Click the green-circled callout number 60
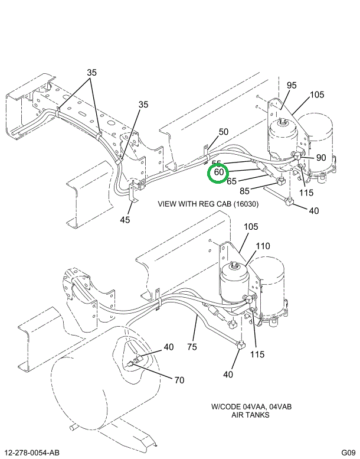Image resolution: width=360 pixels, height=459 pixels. tap(219, 172)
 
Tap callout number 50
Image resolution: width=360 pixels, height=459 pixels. tap(223, 132)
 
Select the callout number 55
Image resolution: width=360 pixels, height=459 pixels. tap(216, 163)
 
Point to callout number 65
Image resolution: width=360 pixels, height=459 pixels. tap(231, 181)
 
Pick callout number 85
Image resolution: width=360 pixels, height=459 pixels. tap(244, 191)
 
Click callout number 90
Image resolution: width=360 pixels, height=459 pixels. tap(321, 157)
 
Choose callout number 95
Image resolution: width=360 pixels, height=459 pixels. tap(292, 85)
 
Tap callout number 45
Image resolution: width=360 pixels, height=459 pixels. tap(125, 221)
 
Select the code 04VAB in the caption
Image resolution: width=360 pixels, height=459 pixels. tap(280, 407)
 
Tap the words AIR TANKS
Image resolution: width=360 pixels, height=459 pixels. tap(251, 415)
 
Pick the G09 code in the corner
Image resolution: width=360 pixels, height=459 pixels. tap(348, 453)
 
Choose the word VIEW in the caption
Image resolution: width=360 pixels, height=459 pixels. tap(167, 204)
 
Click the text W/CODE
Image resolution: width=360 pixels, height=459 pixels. tap(223, 407)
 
